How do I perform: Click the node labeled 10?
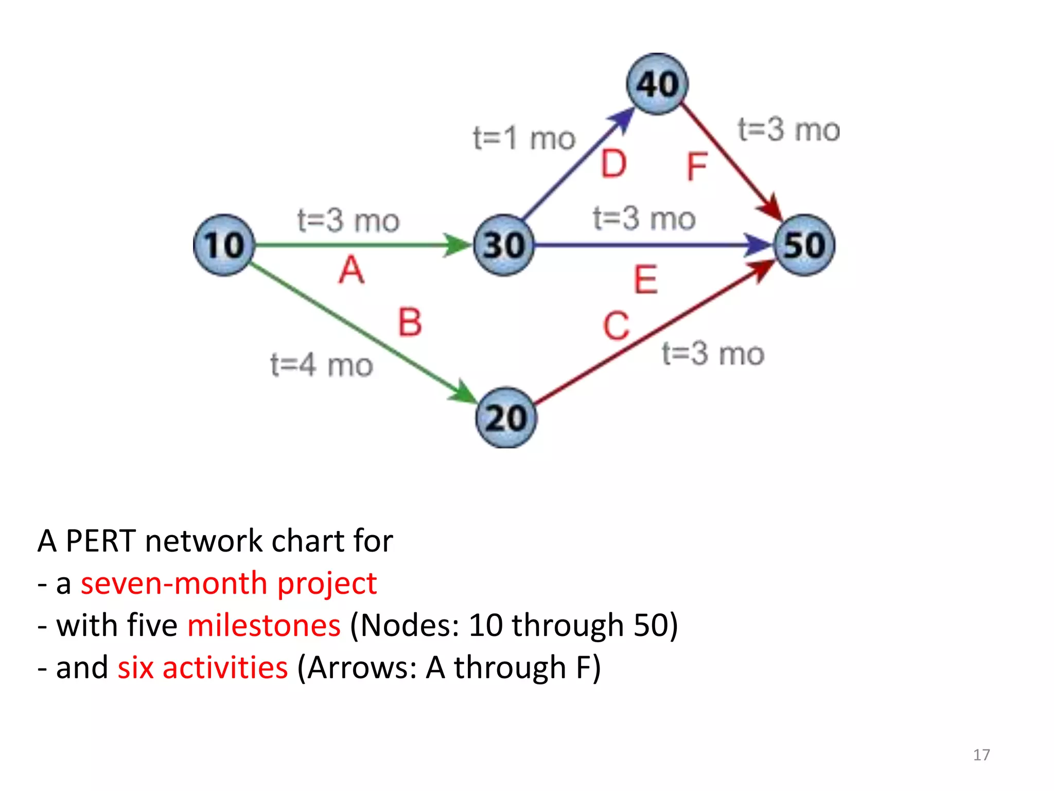click(x=224, y=245)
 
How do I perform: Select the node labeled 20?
click(x=506, y=418)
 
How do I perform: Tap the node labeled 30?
click(x=504, y=245)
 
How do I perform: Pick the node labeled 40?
click(x=657, y=84)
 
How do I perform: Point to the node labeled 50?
click(x=805, y=245)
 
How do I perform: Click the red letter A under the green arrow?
click(x=352, y=270)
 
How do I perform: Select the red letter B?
click(x=410, y=322)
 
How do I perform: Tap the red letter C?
click(x=616, y=326)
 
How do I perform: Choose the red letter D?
click(x=614, y=164)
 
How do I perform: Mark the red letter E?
click(x=645, y=280)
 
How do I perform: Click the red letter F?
click(x=697, y=167)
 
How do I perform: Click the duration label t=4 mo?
click(x=322, y=365)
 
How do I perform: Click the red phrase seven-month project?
click(x=229, y=583)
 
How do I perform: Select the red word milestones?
click(x=263, y=626)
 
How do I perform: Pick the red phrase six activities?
click(x=202, y=667)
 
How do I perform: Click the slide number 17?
click(x=981, y=754)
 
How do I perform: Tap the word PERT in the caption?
click(x=101, y=541)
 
